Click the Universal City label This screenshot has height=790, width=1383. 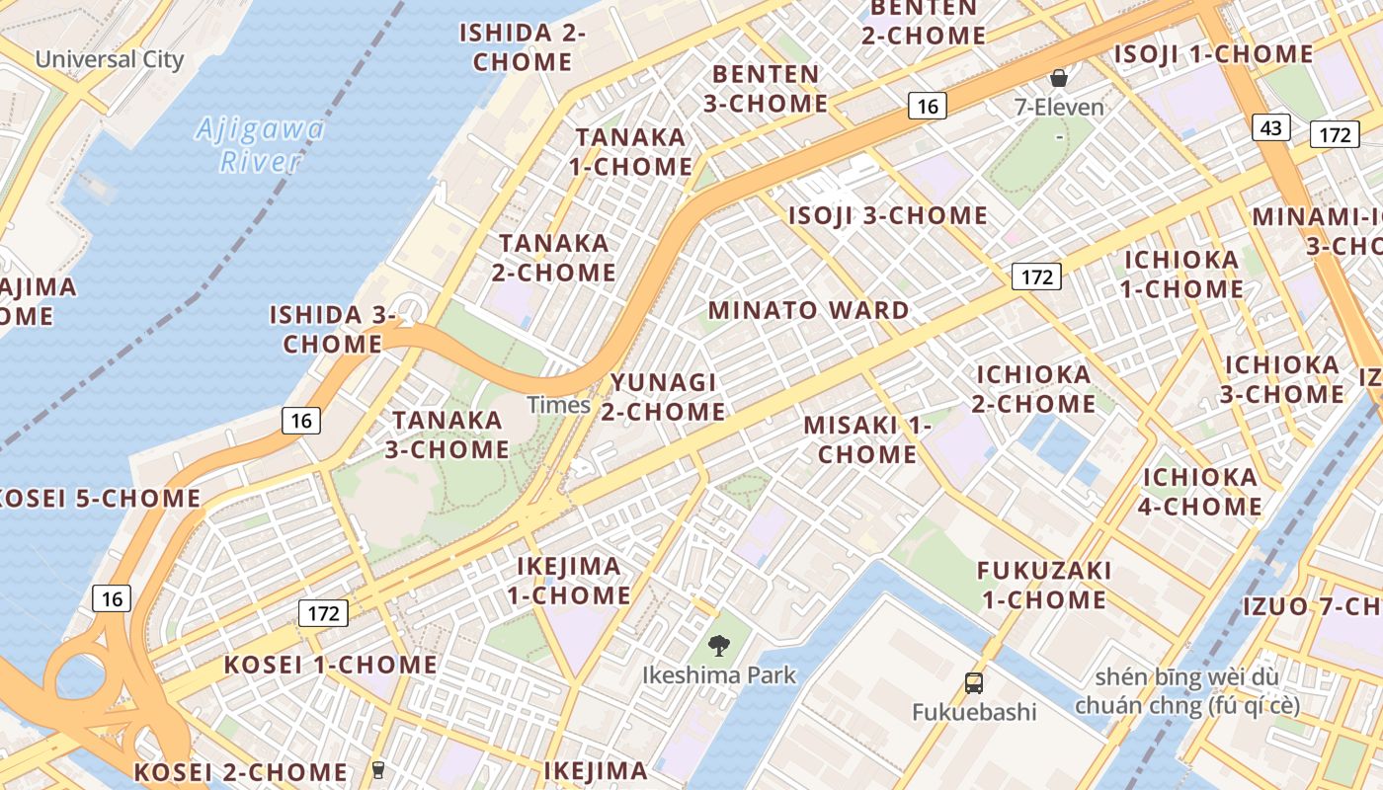tap(110, 59)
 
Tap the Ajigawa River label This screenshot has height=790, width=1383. tap(260, 145)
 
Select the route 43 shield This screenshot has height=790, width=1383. tap(1271, 127)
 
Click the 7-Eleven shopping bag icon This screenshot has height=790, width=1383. tap(1059, 77)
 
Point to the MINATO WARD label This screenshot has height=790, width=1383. tap(809, 310)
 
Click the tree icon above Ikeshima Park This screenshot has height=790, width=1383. tap(719, 646)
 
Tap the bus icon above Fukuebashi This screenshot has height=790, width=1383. tap(974, 682)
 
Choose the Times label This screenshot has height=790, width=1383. tap(558, 405)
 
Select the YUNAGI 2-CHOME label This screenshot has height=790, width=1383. tap(663, 397)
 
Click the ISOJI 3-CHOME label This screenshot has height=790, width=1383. tap(887, 215)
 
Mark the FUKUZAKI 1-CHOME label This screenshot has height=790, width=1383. tap(1044, 585)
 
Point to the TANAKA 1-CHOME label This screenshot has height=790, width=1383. tap(630, 152)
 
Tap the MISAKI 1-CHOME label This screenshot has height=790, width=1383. tap(867, 439)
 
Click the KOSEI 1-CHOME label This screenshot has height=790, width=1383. tap(330, 665)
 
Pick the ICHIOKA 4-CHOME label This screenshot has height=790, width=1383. tap(1201, 492)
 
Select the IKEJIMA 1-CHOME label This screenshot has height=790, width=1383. tap(569, 581)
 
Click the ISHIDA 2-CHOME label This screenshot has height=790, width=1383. tap(523, 47)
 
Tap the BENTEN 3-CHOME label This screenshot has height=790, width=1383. tap(766, 89)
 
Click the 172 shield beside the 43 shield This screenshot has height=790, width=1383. tap(1335, 134)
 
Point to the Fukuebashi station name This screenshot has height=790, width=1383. tap(973, 712)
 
